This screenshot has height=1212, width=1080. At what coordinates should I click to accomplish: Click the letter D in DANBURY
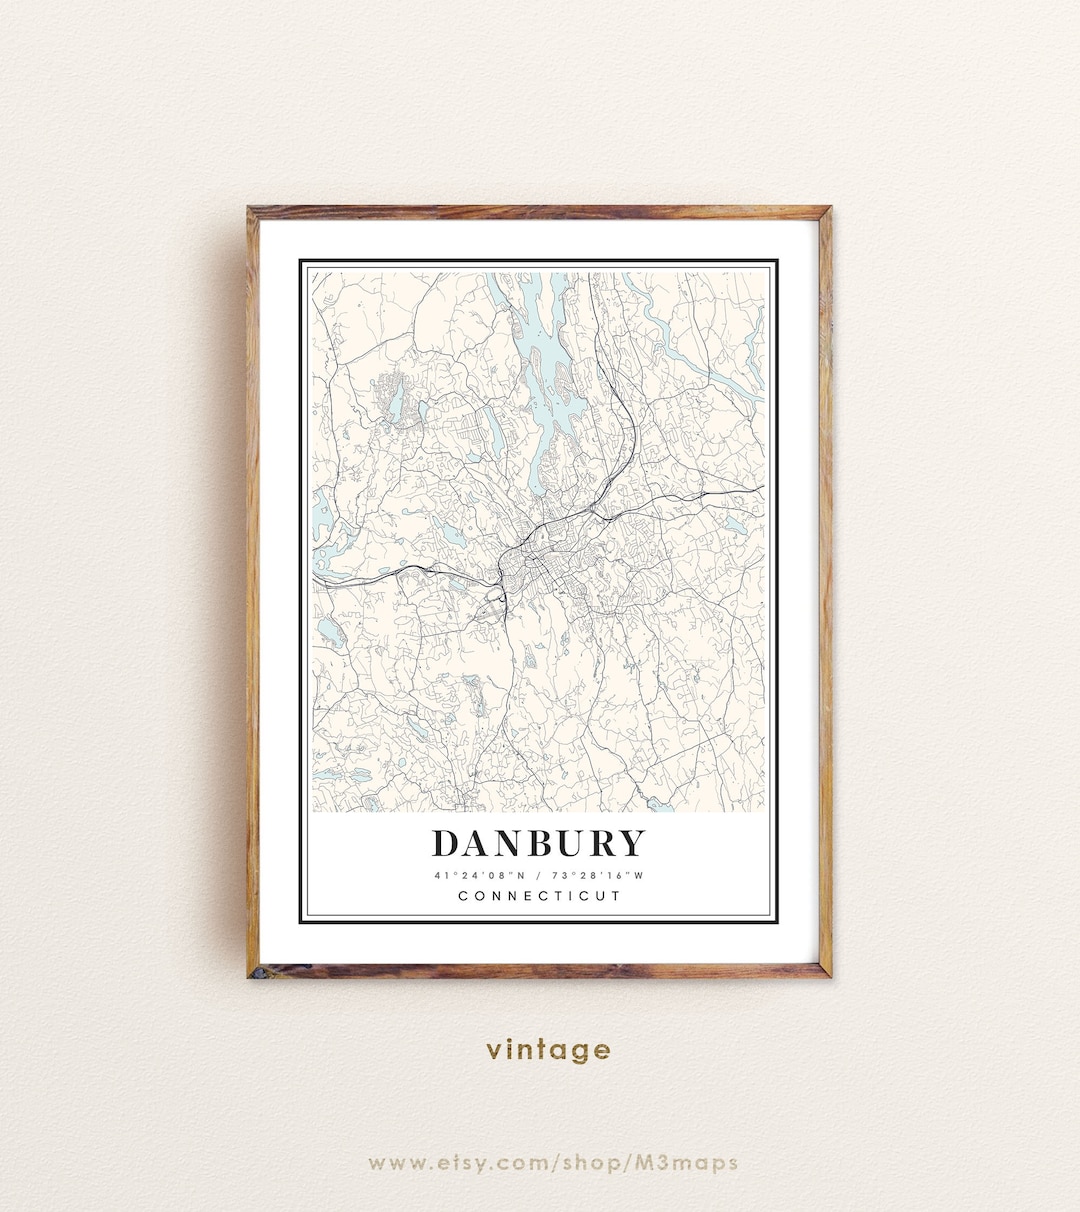tap(446, 844)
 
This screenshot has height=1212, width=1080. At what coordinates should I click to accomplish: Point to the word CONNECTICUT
tap(539, 896)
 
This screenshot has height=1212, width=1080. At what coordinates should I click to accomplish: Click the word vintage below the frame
tap(548, 1050)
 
